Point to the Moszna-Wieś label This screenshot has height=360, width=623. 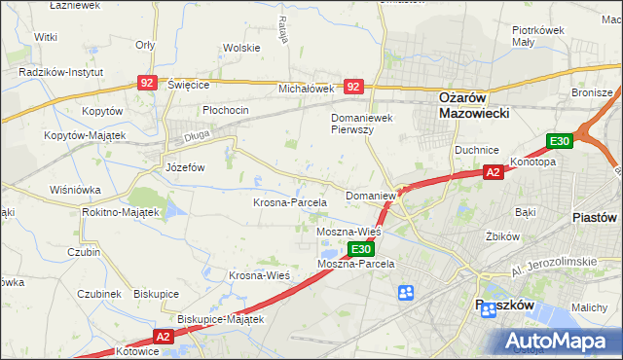coord(348,234)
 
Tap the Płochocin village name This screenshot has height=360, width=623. coord(226,110)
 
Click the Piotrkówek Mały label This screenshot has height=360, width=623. coord(538,36)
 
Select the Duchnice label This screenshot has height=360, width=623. coord(476,151)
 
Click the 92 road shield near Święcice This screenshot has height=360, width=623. coord(147,85)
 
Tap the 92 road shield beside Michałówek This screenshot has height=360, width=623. coord(353,87)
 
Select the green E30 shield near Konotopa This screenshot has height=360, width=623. coord(559,142)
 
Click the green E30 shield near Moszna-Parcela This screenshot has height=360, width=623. coord(358,250)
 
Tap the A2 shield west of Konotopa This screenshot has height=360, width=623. coord(494,172)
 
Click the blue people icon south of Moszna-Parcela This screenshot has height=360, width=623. coord(406,292)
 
